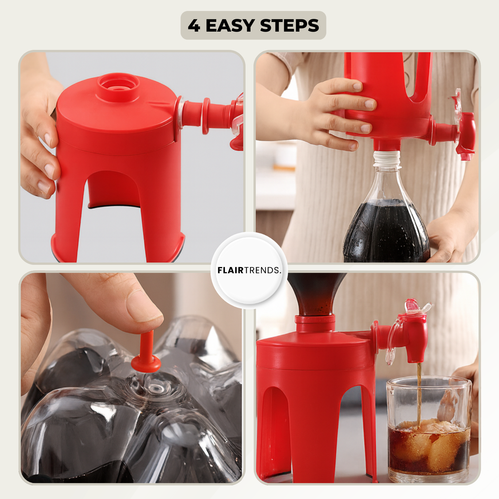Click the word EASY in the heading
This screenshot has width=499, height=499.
pos(230,25)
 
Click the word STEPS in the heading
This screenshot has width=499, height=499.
pos(289,25)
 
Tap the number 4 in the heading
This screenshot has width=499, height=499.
pos(194,26)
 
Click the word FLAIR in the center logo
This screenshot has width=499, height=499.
pos(231,270)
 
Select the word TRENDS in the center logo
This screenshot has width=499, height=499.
pos(262,270)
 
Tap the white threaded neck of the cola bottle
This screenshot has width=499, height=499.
pos(387,159)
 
